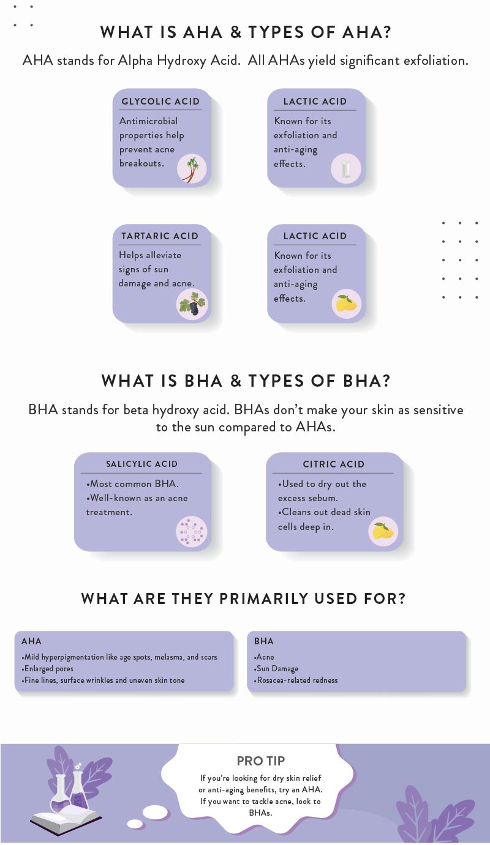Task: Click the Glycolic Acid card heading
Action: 160,102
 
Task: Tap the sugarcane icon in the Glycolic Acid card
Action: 192,169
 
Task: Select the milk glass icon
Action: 346,169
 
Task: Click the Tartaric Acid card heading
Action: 160,236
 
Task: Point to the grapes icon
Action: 192,304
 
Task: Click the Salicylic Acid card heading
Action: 141,464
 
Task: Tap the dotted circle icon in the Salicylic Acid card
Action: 191,531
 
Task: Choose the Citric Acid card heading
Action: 334,464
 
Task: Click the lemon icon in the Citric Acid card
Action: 383,530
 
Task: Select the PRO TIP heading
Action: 261,761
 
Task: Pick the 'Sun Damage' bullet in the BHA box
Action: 277,669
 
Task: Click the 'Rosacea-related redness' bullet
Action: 297,680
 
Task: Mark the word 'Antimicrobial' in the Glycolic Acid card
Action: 148,121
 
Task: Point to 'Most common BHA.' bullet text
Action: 133,484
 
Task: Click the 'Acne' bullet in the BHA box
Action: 265,657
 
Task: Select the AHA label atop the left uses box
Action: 31,641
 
